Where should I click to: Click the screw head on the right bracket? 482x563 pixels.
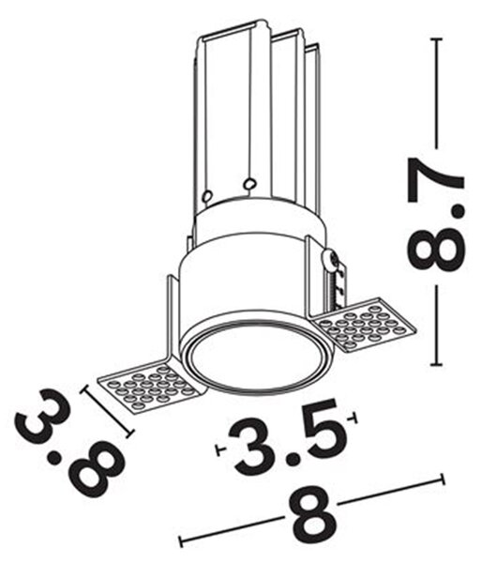click(330, 259)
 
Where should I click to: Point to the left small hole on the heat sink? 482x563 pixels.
click(207, 196)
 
